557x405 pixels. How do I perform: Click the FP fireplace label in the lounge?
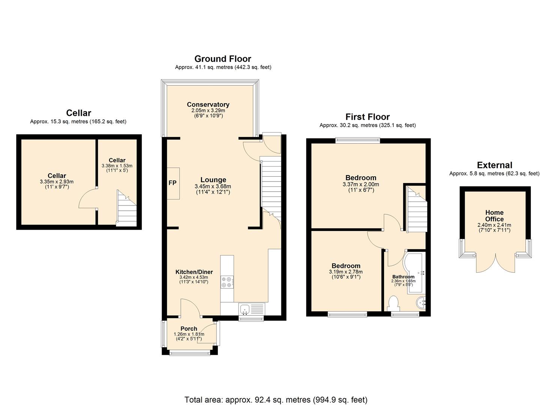coord(172,183)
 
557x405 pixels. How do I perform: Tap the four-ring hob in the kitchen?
coord(227,282)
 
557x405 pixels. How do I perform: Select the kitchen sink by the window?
coord(252,309)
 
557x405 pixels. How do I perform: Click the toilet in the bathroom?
coord(393,303)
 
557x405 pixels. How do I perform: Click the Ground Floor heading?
coord(222,59)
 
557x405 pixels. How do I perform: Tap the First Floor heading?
coord(368,117)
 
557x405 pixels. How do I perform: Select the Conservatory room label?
coord(208,104)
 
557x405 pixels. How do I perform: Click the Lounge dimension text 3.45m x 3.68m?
coord(213,186)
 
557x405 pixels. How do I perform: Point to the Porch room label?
coord(189,328)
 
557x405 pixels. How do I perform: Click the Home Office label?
coord(494,216)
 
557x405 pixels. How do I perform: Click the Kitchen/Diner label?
coord(194,272)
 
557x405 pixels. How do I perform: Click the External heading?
coord(494,165)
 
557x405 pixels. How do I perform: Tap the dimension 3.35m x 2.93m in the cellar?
coord(57,182)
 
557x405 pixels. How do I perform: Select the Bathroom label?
coord(403,277)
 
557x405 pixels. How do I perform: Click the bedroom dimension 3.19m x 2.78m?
coord(345,272)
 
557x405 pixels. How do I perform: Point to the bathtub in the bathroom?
coord(414,273)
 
